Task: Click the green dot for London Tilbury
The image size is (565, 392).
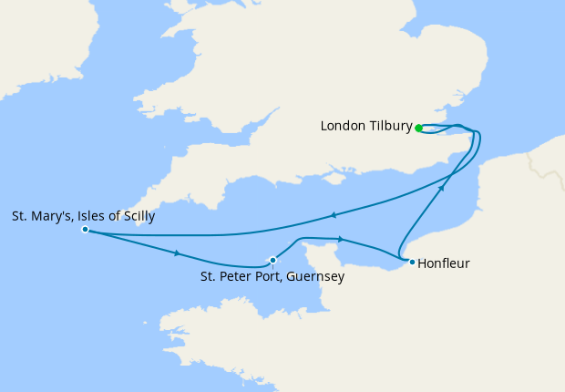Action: point(418,128)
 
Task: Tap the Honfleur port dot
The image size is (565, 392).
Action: point(412,263)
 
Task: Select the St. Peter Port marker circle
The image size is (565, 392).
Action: point(272,260)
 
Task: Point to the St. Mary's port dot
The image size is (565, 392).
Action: point(85,230)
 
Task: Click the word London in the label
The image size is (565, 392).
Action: point(344,126)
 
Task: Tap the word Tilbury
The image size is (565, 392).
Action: point(391,126)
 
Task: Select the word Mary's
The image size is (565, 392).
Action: point(49,217)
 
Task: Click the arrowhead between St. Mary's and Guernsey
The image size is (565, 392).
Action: point(176,253)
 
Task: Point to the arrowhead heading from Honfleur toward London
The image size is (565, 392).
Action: point(442,187)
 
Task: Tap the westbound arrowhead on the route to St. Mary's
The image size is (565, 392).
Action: point(334,215)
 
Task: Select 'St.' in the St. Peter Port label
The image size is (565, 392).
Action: point(209,276)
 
